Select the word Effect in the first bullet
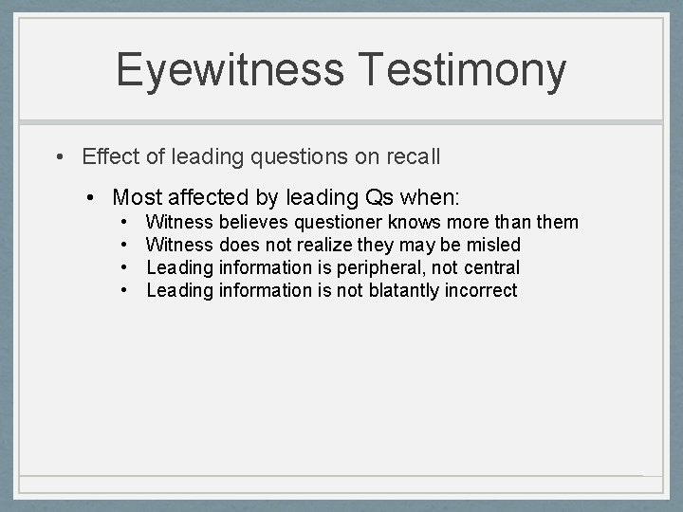pyautogui.click(x=109, y=155)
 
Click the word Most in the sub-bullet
pyautogui.click(x=135, y=197)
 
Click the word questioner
pyautogui.click(x=339, y=223)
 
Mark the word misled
pyautogui.click(x=496, y=246)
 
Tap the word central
pyautogui.click(x=492, y=268)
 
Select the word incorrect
pyautogui.click(x=484, y=291)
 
